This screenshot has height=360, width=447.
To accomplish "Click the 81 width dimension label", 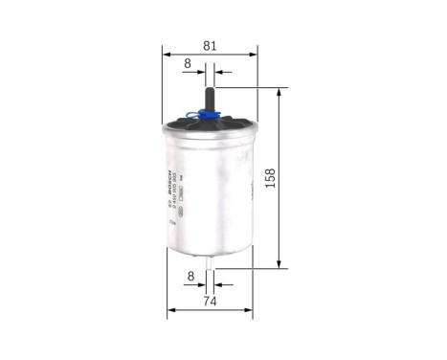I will click(x=209, y=45).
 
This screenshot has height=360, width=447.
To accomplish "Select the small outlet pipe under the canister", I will click(x=212, y=260).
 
